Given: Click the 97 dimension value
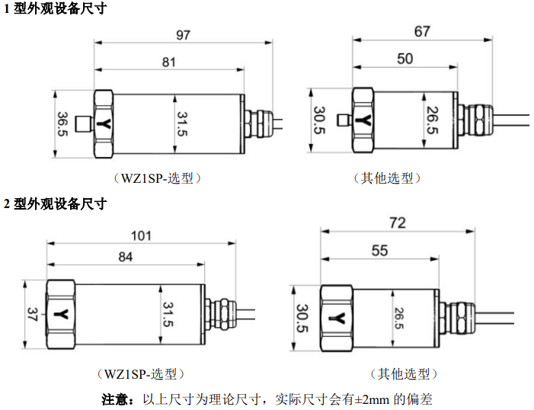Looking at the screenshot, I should click(182, 35).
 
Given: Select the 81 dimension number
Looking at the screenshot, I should click(169, 62).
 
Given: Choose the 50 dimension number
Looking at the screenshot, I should click(405, 59).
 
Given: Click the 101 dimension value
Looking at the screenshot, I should click(142, 235).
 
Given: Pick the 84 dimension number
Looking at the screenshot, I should click(126, 258).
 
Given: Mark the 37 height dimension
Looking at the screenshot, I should click(32, 313).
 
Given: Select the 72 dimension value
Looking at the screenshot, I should click(397, 223).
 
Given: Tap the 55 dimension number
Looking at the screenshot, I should click(379, 251).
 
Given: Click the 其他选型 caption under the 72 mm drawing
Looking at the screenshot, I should click(404, 374).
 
